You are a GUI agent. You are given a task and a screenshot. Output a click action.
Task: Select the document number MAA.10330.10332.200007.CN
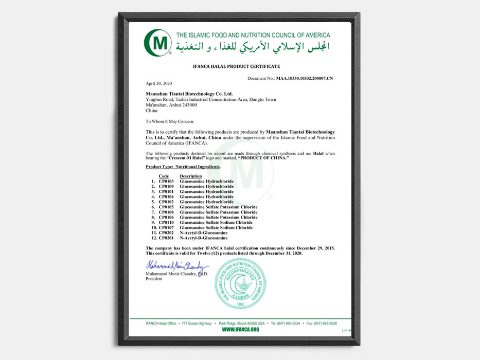(x=305, y=78)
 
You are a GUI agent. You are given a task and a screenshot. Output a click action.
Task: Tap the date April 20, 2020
(x=158, y=83)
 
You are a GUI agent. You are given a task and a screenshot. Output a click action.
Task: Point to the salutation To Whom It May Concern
(x=170, y=121)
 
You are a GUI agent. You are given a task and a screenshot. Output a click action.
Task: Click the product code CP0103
(x=166, y=182)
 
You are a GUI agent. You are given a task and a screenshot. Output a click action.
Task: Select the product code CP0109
(x=166, y=187)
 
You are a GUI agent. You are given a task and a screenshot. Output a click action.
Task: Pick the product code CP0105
(x=166, y=207)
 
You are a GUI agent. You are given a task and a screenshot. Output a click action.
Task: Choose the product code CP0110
(x=166, y=223)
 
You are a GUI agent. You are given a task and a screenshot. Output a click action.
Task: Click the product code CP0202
(x=166, y=233)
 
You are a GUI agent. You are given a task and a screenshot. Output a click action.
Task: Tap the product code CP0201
(x=166, y=238)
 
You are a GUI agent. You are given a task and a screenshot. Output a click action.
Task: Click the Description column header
(x=191, y=176)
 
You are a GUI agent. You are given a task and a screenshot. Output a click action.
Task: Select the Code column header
(x=164, y=176)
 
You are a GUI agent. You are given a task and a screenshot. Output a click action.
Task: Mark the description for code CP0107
(x=216, y=228)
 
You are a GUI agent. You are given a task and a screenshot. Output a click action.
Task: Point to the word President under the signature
(x=154, y=279)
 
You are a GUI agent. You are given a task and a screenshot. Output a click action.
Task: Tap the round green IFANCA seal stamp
(x=241, y=284)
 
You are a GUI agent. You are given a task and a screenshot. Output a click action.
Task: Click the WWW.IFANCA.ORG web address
(x=240, y=329)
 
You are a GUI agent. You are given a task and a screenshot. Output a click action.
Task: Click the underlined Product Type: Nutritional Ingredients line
(x=183, y=167)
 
